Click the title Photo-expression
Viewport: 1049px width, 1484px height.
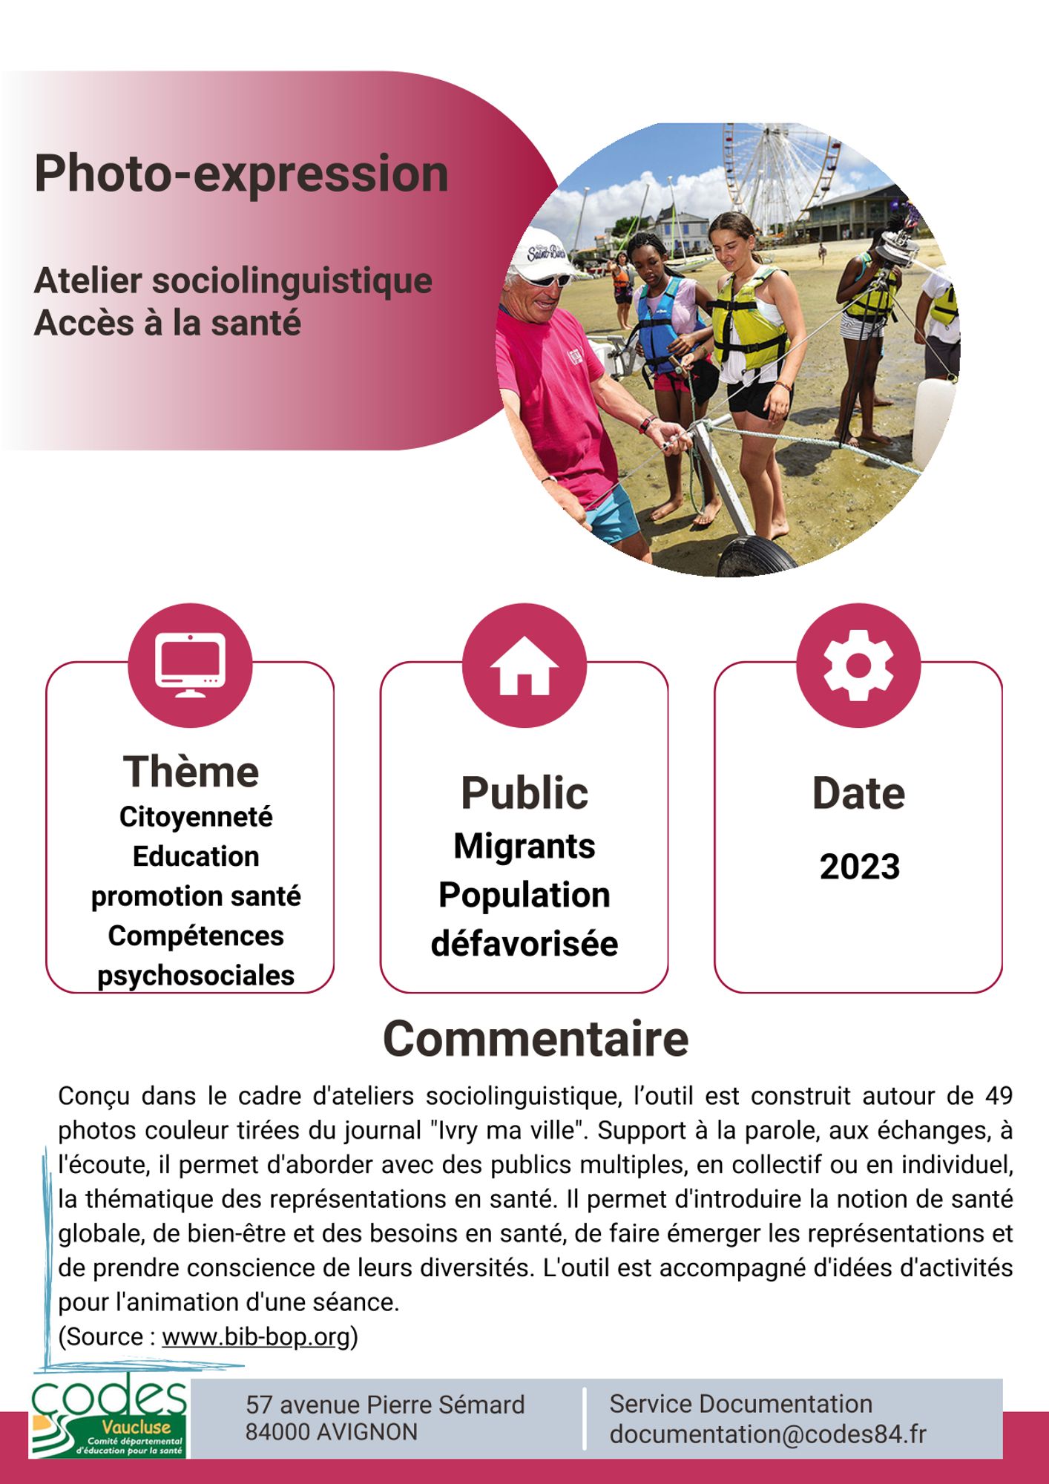tap(241, 174)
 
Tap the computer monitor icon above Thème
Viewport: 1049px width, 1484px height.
tap(190, 665)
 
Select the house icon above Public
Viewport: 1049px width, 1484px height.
tap(524, 666)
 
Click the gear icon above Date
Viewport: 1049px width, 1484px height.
tap(858, 665)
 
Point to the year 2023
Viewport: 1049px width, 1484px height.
tap(859, 867)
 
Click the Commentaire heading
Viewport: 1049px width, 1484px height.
tap(535, 1038)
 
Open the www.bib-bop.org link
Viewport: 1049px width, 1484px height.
tap(255, 1336)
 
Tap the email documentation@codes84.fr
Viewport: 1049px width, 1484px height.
tap(768, 1434)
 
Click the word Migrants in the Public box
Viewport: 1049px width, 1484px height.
tap(524, 846)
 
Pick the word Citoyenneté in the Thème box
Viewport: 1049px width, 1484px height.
tap(196, 817)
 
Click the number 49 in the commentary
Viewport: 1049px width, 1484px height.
tap(999, 1096)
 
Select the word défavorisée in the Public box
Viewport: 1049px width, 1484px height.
tap(524, 944)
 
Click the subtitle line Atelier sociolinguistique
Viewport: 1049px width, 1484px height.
tap(233, 281)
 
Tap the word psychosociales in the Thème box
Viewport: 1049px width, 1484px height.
tap(196, 975)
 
